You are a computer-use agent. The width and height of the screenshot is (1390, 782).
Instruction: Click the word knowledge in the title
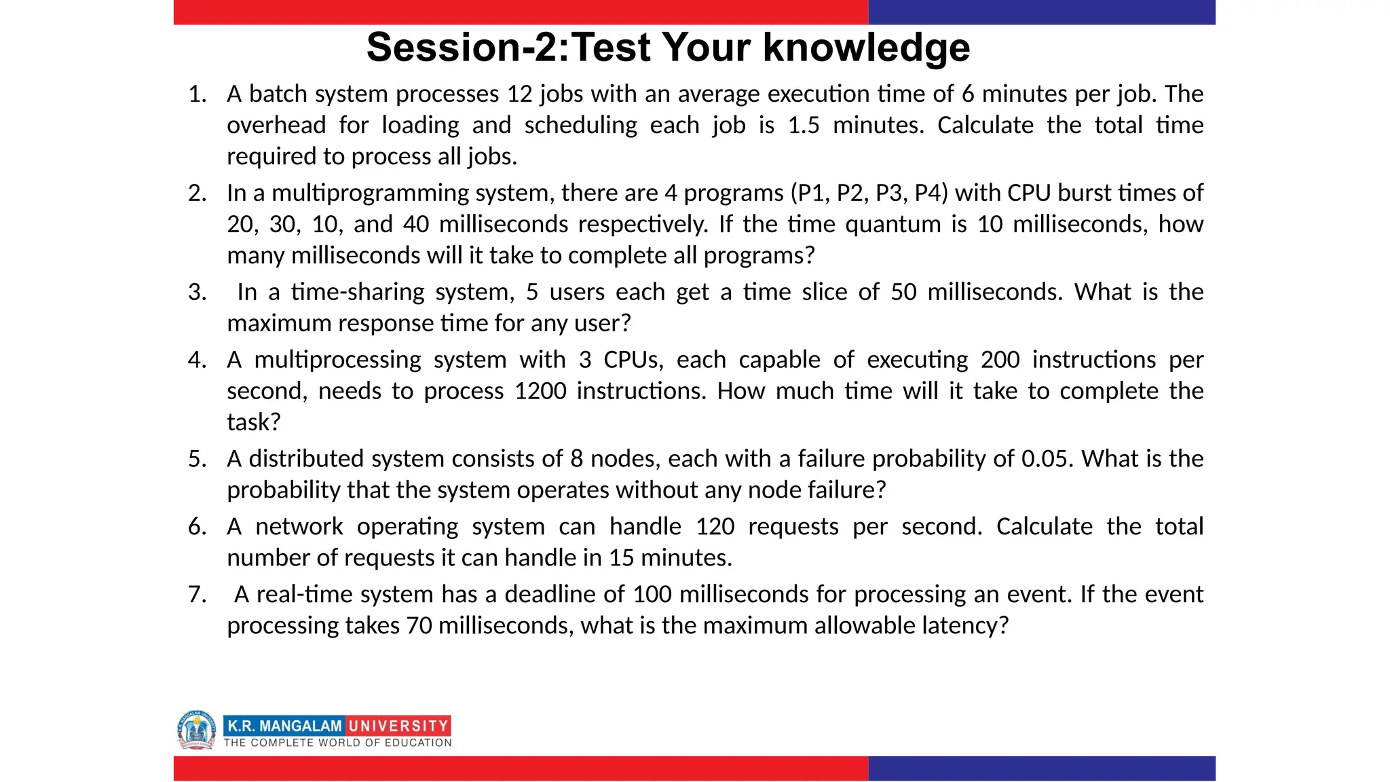coord(866,48)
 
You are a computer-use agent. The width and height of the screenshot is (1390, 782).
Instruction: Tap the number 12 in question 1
coord(520,94)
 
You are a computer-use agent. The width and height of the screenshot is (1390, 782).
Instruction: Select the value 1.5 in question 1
coord(804,125)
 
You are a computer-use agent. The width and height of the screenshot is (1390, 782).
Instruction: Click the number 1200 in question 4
coord(540,391)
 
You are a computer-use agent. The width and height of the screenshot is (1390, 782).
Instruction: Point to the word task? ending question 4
coord(253,422)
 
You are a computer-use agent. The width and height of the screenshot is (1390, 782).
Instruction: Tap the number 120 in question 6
coord(715,527)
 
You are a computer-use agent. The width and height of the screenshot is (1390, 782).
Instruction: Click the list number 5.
coord(197,459)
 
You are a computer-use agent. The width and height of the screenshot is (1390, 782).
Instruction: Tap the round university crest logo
coord(196,730)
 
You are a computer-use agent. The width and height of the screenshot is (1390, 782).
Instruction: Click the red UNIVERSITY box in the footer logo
coord(398,726)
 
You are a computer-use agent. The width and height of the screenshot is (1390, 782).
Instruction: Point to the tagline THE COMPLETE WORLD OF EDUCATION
coord(337,743)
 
